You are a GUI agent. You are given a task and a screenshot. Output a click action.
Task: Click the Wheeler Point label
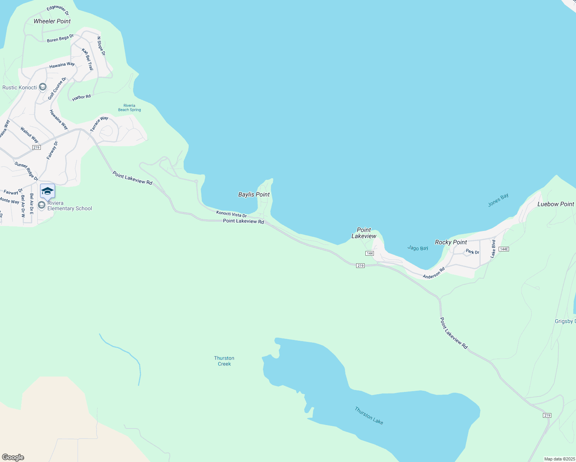[x=52, y=21]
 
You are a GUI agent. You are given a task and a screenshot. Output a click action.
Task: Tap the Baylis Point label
[x=254, y=194]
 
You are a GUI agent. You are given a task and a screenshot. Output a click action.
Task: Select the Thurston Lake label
[x=369, y=416]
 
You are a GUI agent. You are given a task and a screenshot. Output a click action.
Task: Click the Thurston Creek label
[x=224, y=361]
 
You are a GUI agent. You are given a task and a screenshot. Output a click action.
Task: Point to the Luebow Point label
[x=556, y=204]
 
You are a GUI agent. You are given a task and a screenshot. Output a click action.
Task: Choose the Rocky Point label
[x=451, y=242]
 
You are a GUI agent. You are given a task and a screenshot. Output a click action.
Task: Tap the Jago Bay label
[x=418, y=248]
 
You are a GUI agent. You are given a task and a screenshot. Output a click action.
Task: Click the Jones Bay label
[x=498, y=200]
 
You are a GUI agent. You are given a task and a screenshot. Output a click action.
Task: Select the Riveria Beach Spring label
[x=129, y=107]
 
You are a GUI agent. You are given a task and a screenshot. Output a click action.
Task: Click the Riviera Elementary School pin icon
[x=47, y=191]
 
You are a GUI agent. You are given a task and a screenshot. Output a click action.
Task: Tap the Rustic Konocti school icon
[x=43, y=87]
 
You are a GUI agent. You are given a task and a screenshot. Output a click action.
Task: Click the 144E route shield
[x=504, y=249]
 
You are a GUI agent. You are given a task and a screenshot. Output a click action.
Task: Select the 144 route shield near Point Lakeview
[x=370, y=253]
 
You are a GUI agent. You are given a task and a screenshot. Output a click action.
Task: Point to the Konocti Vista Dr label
[x=231, y=214]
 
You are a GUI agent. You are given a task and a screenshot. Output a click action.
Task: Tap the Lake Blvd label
[x=493, y=249]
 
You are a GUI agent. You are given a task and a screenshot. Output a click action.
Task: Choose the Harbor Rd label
[x=81, y=98]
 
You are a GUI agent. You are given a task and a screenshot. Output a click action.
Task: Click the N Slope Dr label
[x=101, y=46]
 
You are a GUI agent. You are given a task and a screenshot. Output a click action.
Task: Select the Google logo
[x=13, y=457]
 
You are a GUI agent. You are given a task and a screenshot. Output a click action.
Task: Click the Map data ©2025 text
[x=559, y=459]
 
